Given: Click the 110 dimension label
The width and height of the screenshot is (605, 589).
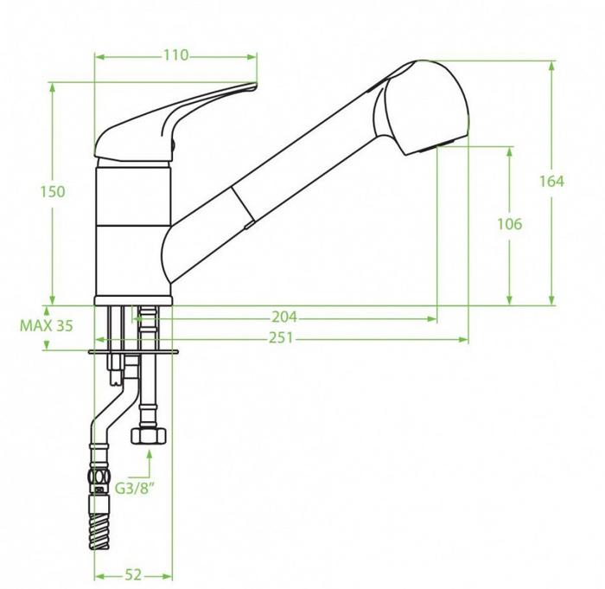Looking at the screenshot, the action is pyautogui.click(x=176, y=55).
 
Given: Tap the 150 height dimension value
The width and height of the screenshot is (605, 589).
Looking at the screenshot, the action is pyautogui.click(x=53, y=192).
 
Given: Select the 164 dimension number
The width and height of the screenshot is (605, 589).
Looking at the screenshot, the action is pyautogui.click(x=551, y=181).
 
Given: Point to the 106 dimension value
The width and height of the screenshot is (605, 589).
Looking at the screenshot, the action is pyautogui.click(x=509, y=224).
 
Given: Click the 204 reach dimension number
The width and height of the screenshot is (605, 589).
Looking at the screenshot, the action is pyautogui.click(x=284, y=317).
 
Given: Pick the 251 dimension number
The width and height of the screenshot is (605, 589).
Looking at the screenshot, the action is pyautogui.click(x=281, y=338).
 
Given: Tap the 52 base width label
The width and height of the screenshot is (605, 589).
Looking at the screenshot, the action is pyautogui.click(x=133, y=575).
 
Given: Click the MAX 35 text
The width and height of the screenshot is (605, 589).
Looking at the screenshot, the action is pyautogui.click(x=47, y=326).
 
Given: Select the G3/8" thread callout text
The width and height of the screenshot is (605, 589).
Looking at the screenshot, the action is pyautogui.click(x=135, y=489).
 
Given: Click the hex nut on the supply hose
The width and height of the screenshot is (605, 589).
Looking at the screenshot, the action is pyautogui.click(x=149, y=436).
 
